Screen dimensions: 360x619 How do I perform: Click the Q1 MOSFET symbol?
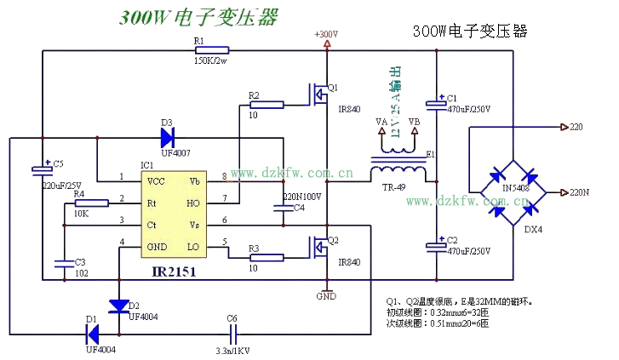pos(319,94)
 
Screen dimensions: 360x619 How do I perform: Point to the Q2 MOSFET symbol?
pos(319,248)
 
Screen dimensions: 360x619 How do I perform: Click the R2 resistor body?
pos(266,105)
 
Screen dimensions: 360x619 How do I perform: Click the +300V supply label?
pos(326,34)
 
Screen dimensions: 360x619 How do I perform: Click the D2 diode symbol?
pos(118,305)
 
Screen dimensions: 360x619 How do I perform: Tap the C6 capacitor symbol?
pos(232,330)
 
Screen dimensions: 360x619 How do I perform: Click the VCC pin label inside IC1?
pos(156,181)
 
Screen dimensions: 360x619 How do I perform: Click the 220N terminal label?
pos(579,192)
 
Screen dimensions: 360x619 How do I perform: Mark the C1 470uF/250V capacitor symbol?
pos(437,104)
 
